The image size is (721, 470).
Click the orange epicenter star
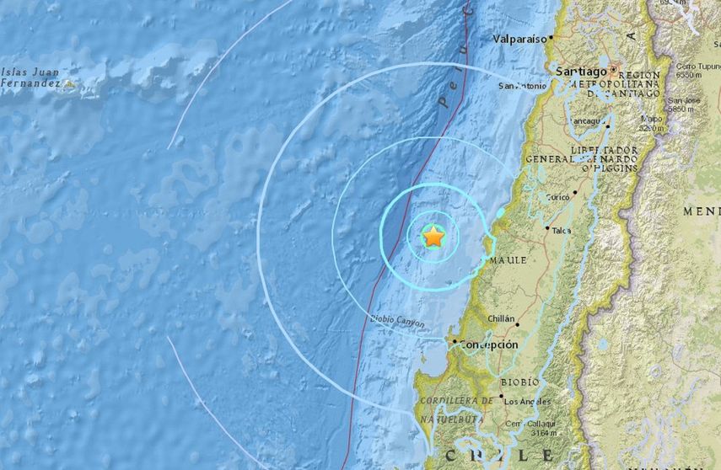click(x=433, y=237)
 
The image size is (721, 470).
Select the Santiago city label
click(x=581, y=73)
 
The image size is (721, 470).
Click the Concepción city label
click(x=490, y=344)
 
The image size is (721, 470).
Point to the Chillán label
click(x=502, y=318)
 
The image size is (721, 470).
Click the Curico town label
click(x=557, y=197)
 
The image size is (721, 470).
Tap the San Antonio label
click(x=522, y=86)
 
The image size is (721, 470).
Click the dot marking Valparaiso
click(x=551, y=38)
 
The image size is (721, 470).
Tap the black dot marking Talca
click(x=547, y=228)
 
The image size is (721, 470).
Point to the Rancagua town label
click(x=589, y=121)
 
